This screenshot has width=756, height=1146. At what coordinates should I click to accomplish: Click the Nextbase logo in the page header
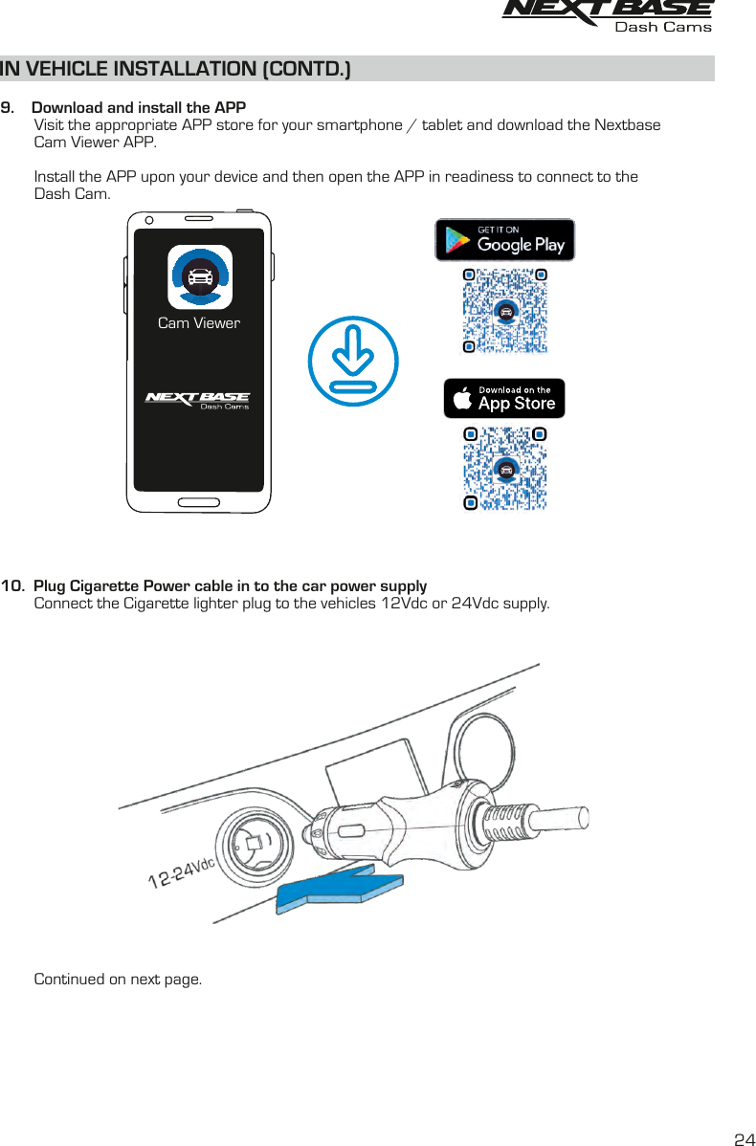pos(607,10)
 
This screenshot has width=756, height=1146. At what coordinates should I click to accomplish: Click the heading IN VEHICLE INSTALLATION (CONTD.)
pos(176,69)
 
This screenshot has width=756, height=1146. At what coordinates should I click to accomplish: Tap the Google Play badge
pos(505,239)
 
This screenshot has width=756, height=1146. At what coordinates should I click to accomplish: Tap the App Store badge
pos(504,398)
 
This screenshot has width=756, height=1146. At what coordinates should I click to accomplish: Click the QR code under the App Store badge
pos(505,469)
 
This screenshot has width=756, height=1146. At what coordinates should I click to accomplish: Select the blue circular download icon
pos(353,361)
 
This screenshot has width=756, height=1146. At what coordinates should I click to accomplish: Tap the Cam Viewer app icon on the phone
pos(199,277)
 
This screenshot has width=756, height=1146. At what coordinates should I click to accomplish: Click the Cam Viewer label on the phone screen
pos(199,323)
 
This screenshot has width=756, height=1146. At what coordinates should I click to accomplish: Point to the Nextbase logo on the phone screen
pos(197,399)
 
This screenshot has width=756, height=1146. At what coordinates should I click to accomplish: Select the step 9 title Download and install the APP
pos(139,107)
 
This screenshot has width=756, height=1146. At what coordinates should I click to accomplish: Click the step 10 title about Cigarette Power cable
pos(230,585)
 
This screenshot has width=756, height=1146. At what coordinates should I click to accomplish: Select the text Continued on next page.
pos(119,980)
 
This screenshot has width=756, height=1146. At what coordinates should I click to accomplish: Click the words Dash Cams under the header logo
pos(663,27)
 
